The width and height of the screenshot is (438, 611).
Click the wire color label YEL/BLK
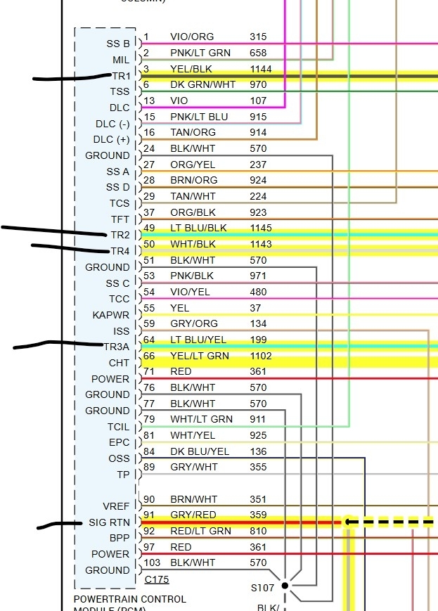(191, 69)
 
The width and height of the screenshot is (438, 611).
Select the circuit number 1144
(260, 69)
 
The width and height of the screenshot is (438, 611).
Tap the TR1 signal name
(120, 75)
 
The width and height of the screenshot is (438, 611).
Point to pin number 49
(149, 228)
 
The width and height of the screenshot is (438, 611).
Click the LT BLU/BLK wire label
(198, 228)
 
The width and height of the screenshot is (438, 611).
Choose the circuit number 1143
(260, 244)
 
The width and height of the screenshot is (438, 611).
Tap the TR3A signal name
(116, 347)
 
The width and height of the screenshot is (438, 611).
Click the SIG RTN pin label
(109, 522)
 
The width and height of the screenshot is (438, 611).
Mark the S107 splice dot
(285, 585)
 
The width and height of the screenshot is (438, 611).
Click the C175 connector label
(156, 579)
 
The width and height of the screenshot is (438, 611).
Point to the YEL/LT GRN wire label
(200, 356)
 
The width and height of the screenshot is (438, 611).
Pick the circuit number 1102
(260, 356)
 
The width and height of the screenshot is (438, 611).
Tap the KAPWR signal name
(111, 315)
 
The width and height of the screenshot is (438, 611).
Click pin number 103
(152, 562)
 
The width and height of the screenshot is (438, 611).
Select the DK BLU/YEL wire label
(200, 451)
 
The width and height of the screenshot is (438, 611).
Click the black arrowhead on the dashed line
(347, 522)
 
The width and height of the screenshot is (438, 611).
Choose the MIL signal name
(120, 60)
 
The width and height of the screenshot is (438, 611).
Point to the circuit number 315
(258, 37)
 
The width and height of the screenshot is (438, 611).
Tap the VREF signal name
(116, 506)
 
